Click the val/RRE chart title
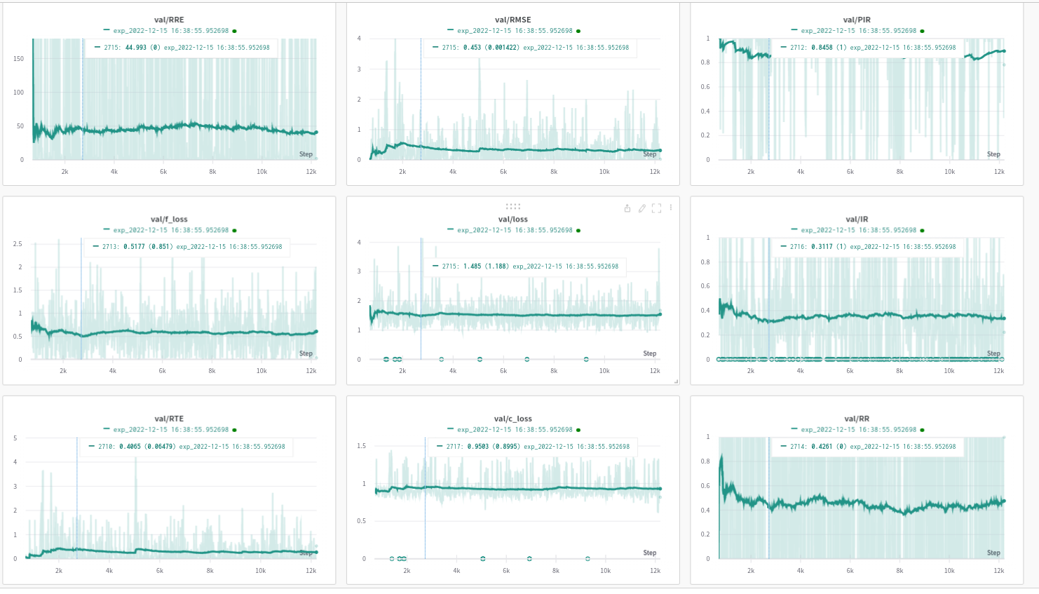(169, 20)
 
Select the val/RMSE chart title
(512, 20)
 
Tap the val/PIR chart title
(857, 20)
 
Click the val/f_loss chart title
(169, 220)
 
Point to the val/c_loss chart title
(512, 419)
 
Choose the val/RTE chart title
(169, 419)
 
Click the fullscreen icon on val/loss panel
(656, 208)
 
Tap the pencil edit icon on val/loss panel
(641, 208)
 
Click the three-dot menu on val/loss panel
(671, 208)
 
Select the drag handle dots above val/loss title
(513, 206)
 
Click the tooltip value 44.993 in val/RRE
(136, 48)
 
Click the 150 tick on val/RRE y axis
(19, 59)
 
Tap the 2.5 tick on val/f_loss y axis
(18, 244)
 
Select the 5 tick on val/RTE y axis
(15, 438)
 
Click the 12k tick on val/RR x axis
(998, 571)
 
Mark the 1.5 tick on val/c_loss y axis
(362, 446)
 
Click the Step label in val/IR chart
(993, 353)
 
